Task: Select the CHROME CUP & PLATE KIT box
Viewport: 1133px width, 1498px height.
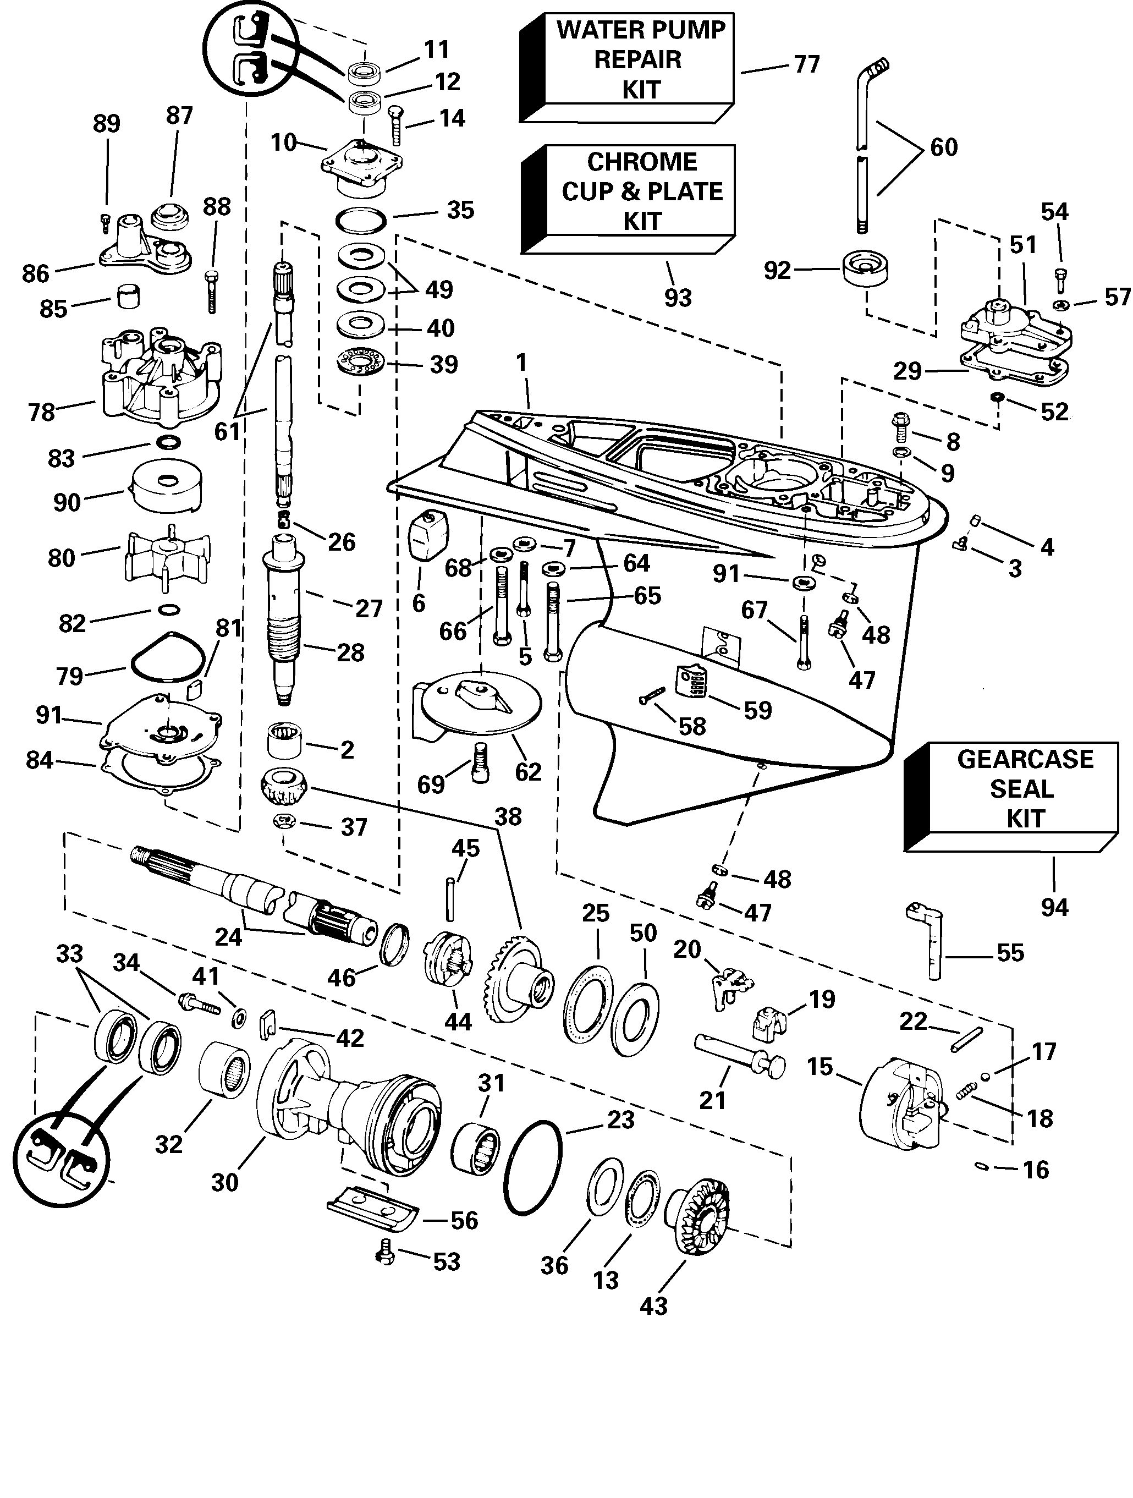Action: [641, 191]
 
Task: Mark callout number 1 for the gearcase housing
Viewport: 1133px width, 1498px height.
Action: [521, 363]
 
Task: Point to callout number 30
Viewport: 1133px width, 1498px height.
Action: [224, 1182]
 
